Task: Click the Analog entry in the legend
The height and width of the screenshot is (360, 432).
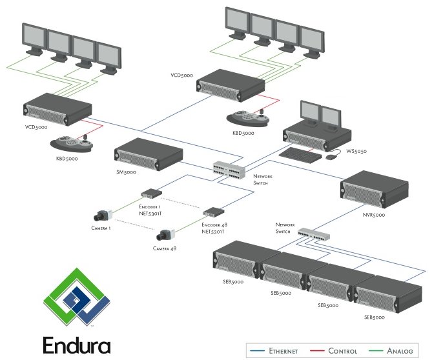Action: coord(400,351)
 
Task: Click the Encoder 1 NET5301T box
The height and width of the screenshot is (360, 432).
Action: coord(152,192)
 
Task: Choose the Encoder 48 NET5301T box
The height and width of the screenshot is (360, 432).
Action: coord(213,212)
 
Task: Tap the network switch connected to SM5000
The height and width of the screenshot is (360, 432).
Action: coord(229,168)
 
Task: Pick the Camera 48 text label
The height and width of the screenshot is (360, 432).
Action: coord(165,248)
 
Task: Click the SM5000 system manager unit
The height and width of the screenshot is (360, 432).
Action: coord(149,154)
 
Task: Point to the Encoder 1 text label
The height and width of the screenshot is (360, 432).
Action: coord(150,206)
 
